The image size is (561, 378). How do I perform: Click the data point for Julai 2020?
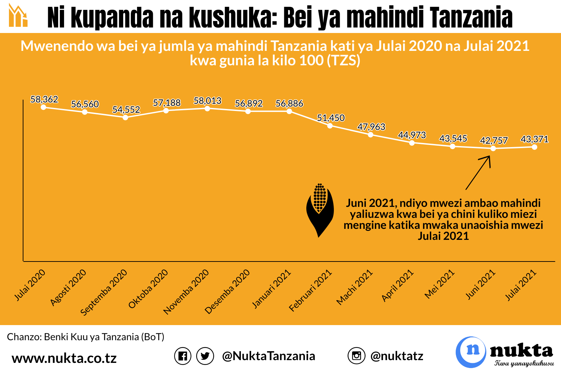point(43,107)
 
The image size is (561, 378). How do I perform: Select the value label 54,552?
point(126,110)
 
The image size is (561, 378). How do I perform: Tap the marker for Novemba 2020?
point(207,109)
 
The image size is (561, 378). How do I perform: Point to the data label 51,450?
point(330,118)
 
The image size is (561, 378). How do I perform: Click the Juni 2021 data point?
point(493,148)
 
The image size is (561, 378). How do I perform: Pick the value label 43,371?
point(534,139)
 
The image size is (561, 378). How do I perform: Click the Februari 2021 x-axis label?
point(310,291)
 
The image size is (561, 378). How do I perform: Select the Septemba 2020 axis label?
point(104,292)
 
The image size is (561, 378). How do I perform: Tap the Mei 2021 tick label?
point(440,284)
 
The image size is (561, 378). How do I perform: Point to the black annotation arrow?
point(478,173)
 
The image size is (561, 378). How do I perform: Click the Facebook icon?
point(183,356)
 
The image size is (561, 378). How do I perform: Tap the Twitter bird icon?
point(205,356)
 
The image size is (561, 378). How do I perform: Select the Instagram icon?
point(357,356)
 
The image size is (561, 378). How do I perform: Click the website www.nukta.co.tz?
point(64,358)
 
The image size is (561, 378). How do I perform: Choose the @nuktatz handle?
point(396,356)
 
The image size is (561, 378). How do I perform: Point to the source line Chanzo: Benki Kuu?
point(86,337)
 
